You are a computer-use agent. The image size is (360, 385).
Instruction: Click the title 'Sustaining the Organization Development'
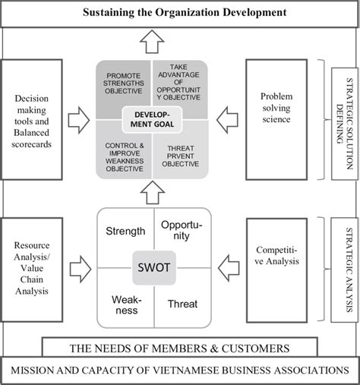pos(179,13)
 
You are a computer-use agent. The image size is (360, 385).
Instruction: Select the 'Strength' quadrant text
pos(125,231)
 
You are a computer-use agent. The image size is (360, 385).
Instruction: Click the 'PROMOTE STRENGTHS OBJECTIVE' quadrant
pos(124,84)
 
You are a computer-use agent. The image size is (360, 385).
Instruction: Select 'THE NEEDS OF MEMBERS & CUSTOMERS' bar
pos(179,349)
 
